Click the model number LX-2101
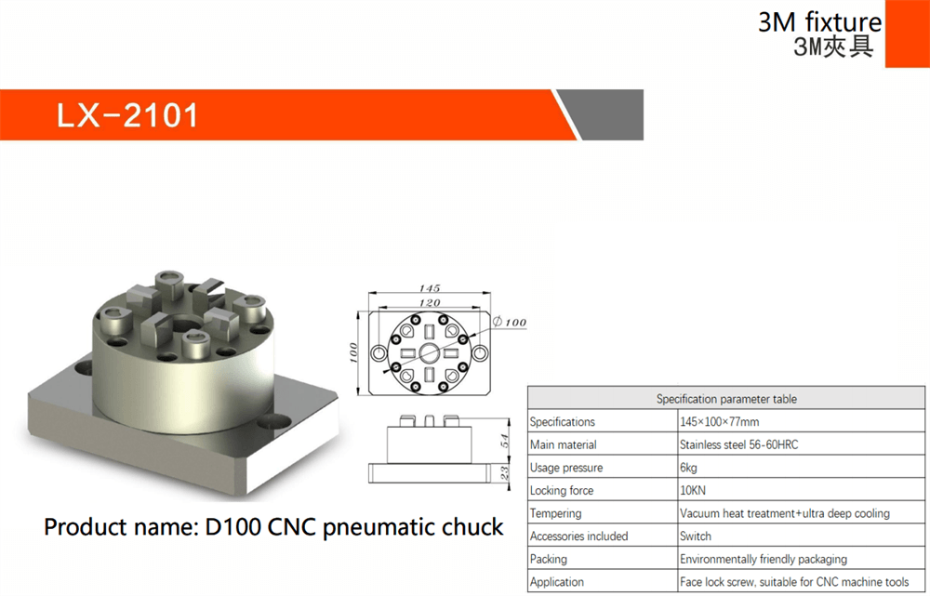tap(126, 115)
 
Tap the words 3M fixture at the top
tap(819, 22)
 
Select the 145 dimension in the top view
tap(430, 288)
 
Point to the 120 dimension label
tap(430, 302)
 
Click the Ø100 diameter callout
tap(510, 322)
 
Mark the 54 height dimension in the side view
tap(504, 441)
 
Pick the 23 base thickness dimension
tap(504, 472)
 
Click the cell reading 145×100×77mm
tap(719, 421)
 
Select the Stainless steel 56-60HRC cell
tap(738, 444)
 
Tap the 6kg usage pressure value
tap(688, 468)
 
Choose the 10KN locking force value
tap(692, 490)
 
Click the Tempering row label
tap(555, 513)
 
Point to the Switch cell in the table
tap(695, 536)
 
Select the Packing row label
tap(548, 559)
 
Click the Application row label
tap(556, 582)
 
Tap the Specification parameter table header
tap(726, 399)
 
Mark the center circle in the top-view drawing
tap(430, 353)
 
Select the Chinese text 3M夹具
tap(833, 46)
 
